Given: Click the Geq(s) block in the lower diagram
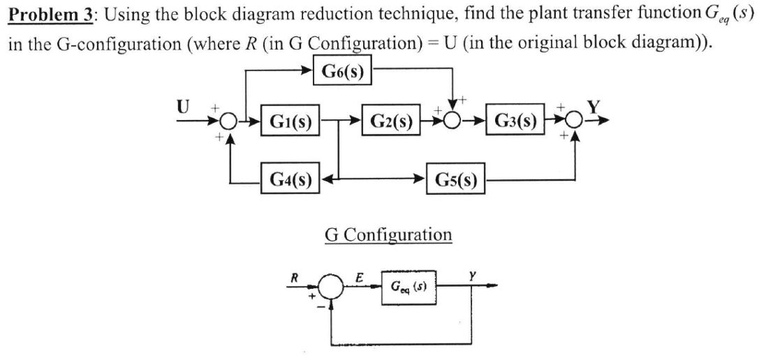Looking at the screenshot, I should tap(408, 286).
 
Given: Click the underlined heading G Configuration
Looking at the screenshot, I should tap(388, 235).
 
